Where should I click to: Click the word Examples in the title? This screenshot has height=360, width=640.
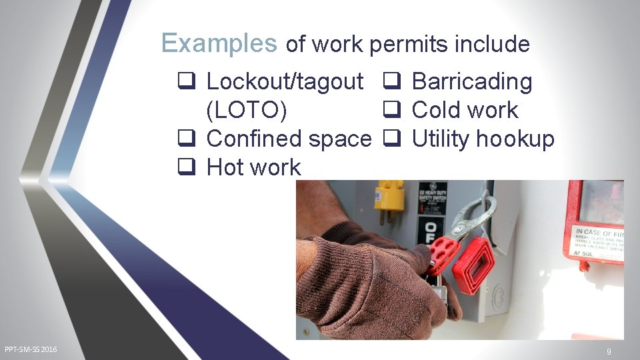tap(219, 44)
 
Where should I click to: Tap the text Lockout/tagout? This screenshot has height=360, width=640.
tap(285, 82)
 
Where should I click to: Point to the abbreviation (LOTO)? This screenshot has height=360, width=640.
tap(247, 111)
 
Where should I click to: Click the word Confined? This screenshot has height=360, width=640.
tap(255, 139)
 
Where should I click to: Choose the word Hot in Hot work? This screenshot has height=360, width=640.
tap(225, 167)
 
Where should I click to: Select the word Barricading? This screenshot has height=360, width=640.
tap(472, 82)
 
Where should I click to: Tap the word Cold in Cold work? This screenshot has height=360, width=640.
tap(435, 111)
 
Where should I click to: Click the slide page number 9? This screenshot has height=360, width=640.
tap(609, 351)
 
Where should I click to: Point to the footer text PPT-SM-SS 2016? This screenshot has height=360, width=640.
tap(31, 349)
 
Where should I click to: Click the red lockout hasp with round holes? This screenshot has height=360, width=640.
tap(443, 250)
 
